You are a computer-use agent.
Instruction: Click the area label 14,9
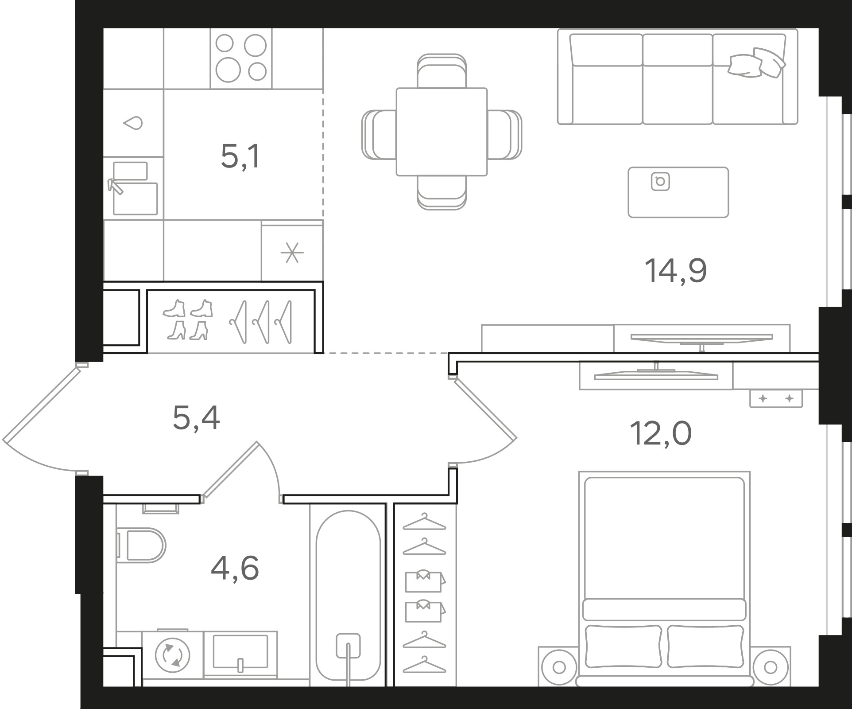point(676,271)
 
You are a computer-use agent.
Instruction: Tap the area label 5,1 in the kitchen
point(240,157)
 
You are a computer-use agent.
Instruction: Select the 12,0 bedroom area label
point(660,433)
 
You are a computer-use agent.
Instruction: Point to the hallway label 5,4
point(196,418)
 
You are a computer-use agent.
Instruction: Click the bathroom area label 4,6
point(235,569)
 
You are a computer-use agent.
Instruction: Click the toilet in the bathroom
point(141,545)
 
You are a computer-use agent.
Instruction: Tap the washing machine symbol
point(173,655)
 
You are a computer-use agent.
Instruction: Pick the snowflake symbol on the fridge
point(292,253)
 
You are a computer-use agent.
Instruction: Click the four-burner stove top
point(241,58)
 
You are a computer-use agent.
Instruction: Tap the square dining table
point(441,132)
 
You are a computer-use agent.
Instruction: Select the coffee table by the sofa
point(678,192)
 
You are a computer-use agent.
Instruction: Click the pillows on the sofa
point(756,63)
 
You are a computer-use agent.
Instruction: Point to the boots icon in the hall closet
point(188,319)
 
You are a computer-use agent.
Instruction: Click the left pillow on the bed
point(624,646)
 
